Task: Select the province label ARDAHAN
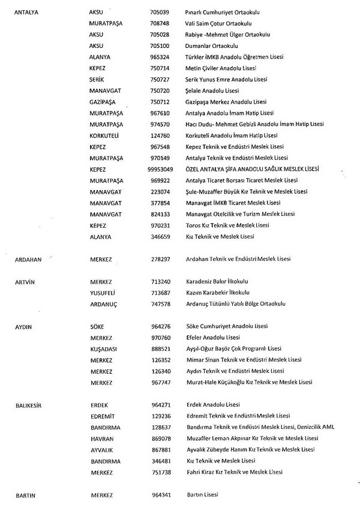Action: [29, 259]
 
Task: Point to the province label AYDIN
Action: [23, 326]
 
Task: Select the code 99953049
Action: [162, 169]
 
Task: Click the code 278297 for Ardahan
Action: [159, 259]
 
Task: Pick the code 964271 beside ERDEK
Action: [159, 405]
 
